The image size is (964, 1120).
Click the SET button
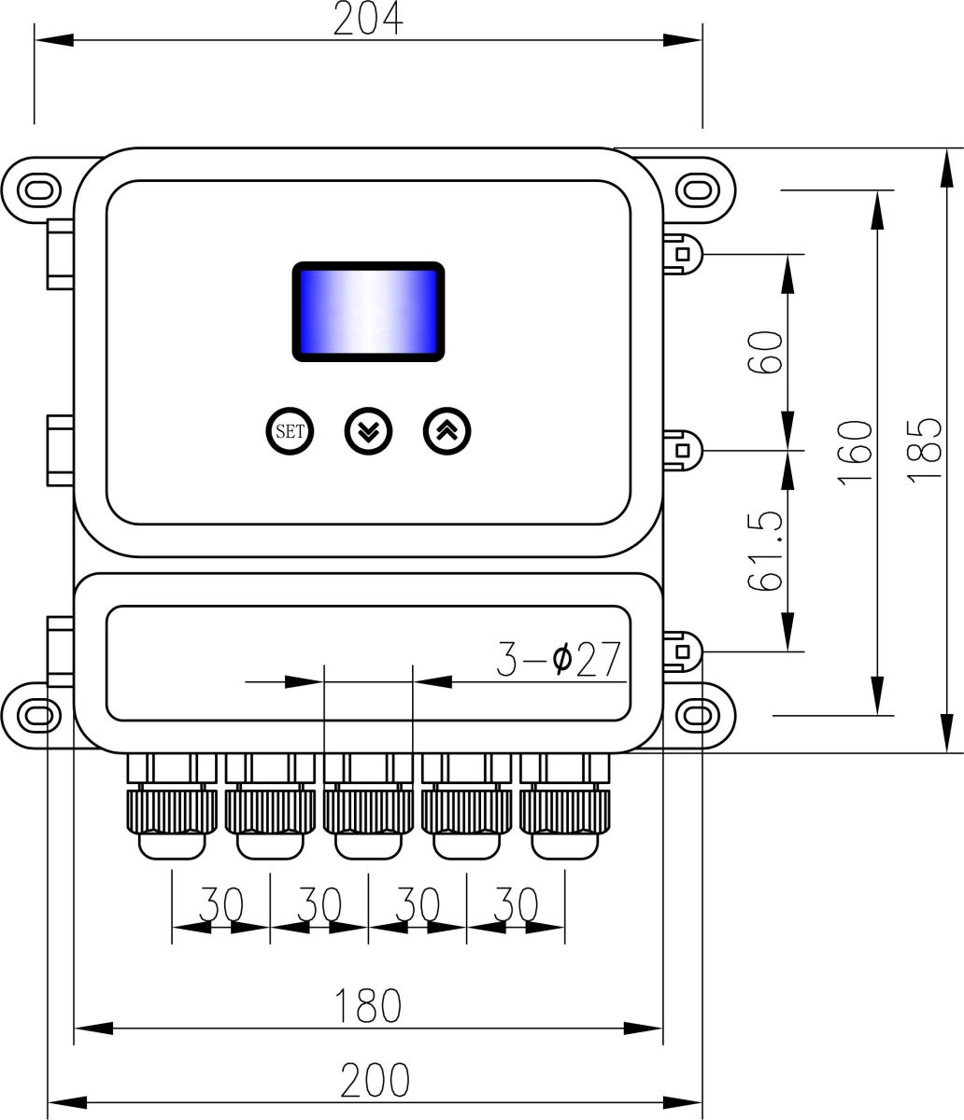(289, 431)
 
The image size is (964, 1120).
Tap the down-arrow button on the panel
(369, 431)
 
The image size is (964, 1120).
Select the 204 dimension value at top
(368, 19)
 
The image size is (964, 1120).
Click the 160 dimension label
(855, 453)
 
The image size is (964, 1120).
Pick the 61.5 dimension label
(765, 552)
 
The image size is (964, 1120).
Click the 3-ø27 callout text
(558, 660)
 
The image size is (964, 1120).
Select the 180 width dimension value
(368, 1004)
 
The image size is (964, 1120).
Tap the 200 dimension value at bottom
(374, 1080)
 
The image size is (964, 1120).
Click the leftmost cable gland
(172, 807)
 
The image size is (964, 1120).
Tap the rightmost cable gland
(564, 807)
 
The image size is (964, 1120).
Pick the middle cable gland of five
(368, 807)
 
